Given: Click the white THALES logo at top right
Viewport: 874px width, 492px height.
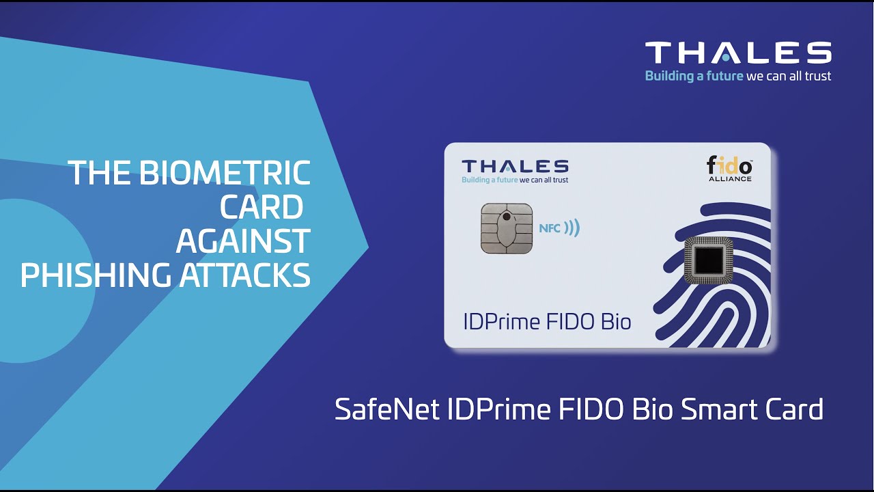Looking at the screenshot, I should (x=738, y=53).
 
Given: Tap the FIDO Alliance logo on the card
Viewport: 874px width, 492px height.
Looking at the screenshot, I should (x=729, y=169).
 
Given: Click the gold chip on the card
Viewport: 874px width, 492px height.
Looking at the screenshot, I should (x=506, y=228).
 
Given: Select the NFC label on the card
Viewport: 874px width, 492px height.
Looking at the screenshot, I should (x=550, y=228).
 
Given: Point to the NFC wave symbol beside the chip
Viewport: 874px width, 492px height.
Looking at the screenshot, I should (x=572, y=228).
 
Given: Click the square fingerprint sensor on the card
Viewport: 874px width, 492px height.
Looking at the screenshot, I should (x=709, y=261).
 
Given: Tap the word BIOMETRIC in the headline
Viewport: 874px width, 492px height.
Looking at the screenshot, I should (x=225, y=173).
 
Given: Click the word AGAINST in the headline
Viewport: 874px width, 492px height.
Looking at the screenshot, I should (x=243, y=241).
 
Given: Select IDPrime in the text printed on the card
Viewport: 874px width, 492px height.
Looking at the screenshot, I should (x=503, y=321).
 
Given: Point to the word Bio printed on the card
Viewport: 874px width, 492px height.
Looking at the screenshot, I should (x=615, y=321).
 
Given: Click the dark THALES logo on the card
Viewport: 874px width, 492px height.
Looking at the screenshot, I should (x=515, y=166).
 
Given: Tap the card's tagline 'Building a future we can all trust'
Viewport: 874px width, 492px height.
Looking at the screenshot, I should (x=515, y=180).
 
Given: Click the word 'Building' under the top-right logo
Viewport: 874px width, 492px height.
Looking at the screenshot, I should (x=669, y=76).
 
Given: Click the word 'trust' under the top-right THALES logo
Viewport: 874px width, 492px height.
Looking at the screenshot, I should (x=818, y=76).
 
